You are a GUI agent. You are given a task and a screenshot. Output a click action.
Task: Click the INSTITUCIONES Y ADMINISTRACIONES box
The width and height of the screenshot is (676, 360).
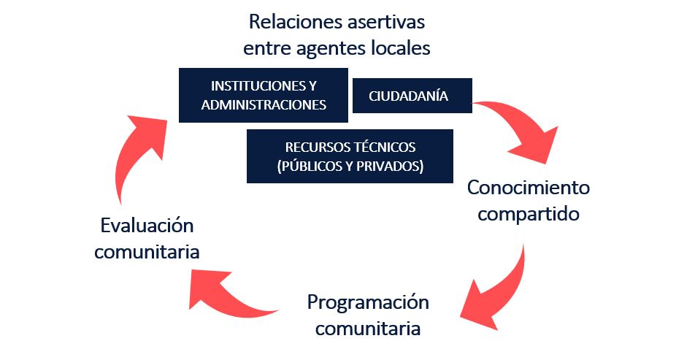point(263,95)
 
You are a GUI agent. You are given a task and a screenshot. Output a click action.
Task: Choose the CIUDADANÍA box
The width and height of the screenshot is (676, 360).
point(412,96)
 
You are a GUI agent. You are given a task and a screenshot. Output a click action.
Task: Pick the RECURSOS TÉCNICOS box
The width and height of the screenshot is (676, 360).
point(350,156)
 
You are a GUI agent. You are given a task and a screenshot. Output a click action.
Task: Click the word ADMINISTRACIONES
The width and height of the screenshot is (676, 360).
point(263,104)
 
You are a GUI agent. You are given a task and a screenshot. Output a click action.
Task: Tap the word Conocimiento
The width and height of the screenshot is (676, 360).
point(528,188)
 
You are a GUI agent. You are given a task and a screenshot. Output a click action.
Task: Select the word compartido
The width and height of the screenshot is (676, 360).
point(528,215)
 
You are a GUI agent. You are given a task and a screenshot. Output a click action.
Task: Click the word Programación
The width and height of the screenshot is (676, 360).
point(368,302)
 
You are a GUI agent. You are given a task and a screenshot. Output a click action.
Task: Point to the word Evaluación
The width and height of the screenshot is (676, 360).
point(148,225)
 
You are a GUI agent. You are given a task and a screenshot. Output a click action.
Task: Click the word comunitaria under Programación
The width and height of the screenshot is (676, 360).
point(368,328)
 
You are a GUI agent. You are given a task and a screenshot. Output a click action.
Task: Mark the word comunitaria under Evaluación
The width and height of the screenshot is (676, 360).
point(148,252)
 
